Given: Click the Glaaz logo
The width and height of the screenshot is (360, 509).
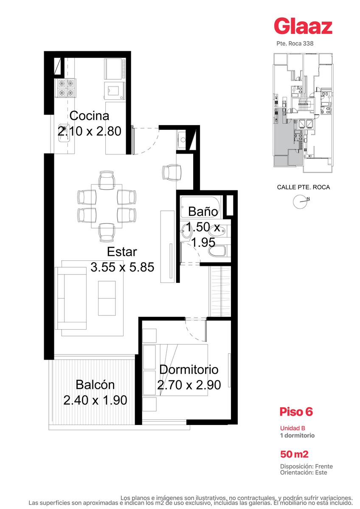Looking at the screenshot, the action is (x=303, y=26).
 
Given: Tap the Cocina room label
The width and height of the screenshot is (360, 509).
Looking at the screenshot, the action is (x=89, y=116).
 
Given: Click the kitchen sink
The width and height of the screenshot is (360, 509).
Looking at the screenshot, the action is (x=64, y=133).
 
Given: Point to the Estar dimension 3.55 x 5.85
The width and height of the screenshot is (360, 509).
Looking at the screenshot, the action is (x=122, y=267).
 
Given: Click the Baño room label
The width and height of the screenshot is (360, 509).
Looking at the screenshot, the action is (x=203, y=212).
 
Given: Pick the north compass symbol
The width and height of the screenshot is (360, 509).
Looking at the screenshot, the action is (x=300, y=201).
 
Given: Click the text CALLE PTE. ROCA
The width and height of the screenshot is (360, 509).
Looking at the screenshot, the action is (x=304, y=187).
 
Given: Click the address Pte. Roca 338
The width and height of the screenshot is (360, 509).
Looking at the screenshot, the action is (x=295, y=43).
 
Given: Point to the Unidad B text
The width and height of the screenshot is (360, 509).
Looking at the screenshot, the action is (x=292, y=428).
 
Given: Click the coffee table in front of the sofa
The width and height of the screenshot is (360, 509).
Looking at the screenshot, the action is (x=107, y=298).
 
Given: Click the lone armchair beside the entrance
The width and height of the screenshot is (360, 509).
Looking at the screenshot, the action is (x=172, y=173).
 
